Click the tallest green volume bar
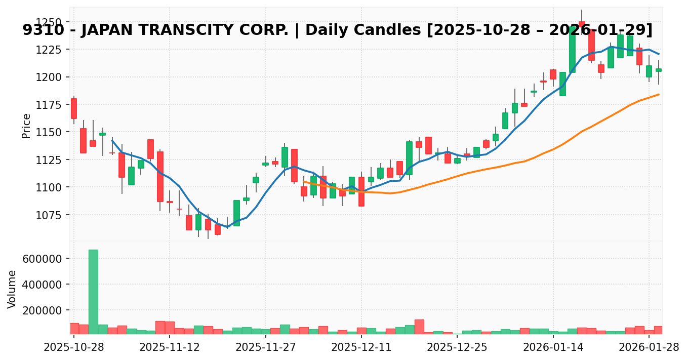(93, 292)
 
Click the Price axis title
(26, 126)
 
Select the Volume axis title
(12, 289)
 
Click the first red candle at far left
(74, 108)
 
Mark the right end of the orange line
(659, 95)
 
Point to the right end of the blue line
(659, 54)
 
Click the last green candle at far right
(659, 70)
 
